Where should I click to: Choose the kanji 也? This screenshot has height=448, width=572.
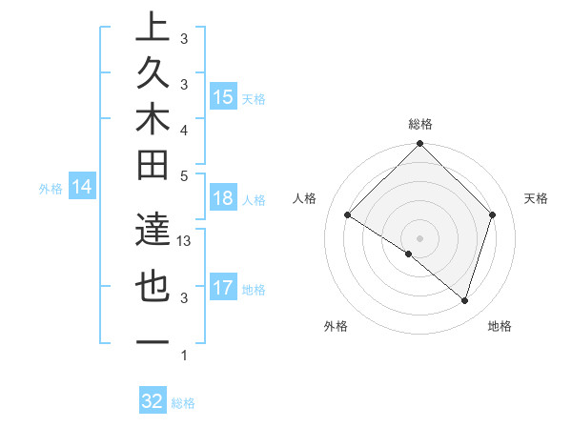tap(153, 287)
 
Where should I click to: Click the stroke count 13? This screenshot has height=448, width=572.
tap(185, 241)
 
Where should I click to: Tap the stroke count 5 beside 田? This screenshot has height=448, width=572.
tap(184, 175)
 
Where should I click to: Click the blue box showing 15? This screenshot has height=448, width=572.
tap(223, 97)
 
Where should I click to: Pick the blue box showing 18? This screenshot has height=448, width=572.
tap(223, 199)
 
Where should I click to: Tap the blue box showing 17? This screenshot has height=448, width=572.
tap(223, 288)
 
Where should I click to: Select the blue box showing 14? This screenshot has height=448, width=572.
tap(83, 187)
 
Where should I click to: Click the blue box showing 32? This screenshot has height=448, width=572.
tap(153, 401)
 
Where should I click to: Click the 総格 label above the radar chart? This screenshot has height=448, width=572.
tap(419, 124)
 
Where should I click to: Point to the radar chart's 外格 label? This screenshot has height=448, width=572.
tap(336, 327)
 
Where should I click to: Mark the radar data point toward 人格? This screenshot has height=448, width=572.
tap(348, 215)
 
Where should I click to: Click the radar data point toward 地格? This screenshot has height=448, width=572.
tap(464, 301)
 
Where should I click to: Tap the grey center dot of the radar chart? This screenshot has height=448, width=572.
tap(419, 237)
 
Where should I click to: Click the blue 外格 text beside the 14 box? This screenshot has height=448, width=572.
tap(51, 189)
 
